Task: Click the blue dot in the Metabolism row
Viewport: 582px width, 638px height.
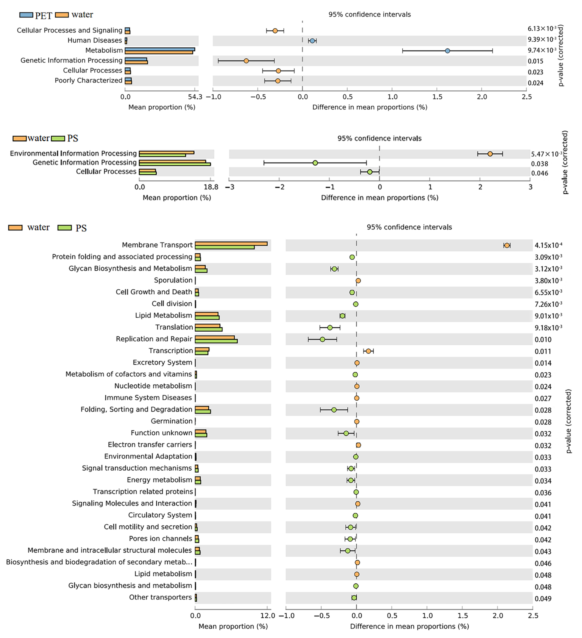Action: (447, 51)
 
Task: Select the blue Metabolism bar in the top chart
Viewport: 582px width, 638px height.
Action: (160, 49)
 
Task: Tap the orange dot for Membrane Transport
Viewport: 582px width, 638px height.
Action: (507, 245)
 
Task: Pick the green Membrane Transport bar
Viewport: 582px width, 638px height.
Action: (225, 247)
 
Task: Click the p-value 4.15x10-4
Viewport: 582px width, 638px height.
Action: (548, 245)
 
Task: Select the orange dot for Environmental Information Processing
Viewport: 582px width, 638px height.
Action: (490, 154)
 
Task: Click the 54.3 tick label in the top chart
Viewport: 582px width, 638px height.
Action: (195, 97)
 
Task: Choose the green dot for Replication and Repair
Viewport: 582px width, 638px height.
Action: (322, 339)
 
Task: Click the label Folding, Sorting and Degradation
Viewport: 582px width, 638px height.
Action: (136, 410)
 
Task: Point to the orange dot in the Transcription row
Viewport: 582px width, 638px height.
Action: (368, 351)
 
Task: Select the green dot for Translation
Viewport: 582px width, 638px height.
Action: (330, 328)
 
